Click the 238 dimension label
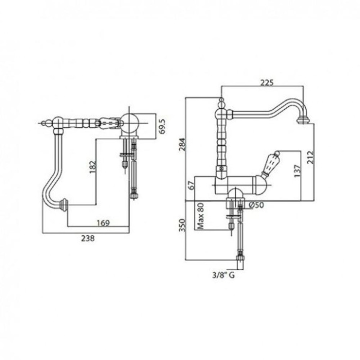[x=89, y=238]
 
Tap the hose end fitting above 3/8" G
[x=241, y=257]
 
